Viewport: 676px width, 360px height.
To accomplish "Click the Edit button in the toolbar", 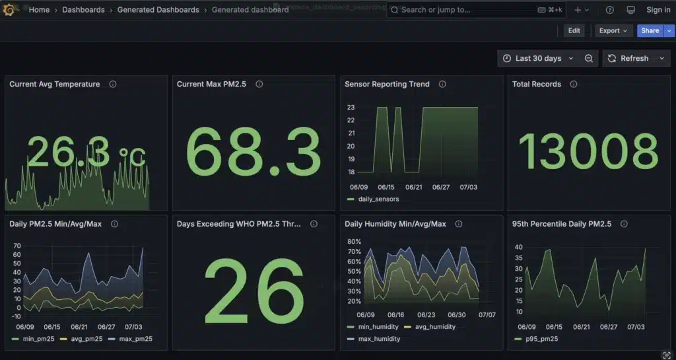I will point(574,30).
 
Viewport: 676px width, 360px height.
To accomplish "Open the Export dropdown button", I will point(613,30).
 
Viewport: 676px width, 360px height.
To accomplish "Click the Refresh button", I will point(628,58).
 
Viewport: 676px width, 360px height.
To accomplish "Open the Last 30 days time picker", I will point(538,58).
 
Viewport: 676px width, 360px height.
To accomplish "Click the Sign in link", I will point(658,10).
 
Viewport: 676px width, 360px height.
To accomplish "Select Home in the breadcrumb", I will point(39,10).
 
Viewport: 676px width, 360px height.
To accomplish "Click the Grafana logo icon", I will point(9,10).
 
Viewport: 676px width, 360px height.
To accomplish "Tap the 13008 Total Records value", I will point(588,151).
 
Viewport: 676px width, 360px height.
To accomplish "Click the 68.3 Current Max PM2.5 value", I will point(254,151).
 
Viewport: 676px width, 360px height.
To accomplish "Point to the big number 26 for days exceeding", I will point(254,291).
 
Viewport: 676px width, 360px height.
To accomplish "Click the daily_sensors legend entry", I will point(378,199).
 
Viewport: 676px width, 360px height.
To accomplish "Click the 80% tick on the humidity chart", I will point(354,241).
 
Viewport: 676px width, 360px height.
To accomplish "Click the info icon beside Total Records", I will point(573,84).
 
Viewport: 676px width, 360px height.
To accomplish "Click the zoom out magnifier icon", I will point(589,58).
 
